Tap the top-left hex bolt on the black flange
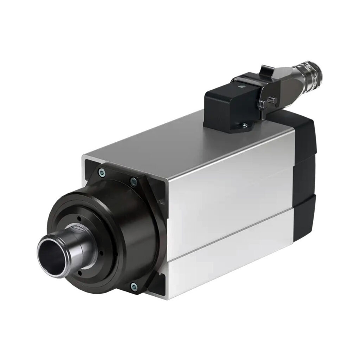(102, 172)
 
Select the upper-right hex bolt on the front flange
(133, 182)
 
